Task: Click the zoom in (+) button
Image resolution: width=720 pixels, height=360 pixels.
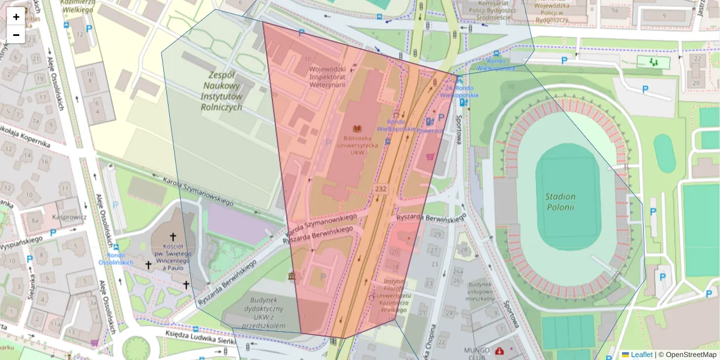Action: coord(16,17)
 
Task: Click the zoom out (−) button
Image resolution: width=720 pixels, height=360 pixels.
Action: coord(16,35)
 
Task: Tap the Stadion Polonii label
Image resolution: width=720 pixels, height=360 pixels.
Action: coord(560,202)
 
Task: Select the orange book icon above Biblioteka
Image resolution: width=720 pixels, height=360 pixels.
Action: coord(358,128)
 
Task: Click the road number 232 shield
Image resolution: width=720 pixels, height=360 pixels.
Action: coord(380,189)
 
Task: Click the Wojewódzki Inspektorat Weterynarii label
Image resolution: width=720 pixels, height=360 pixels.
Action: coord(328,76)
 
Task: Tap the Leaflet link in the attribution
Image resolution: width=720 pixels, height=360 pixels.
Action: coord(641,355)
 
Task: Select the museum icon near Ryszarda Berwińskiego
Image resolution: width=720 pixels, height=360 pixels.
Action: coord(292,277)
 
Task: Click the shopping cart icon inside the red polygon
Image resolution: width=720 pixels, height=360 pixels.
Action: coord(430,157)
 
